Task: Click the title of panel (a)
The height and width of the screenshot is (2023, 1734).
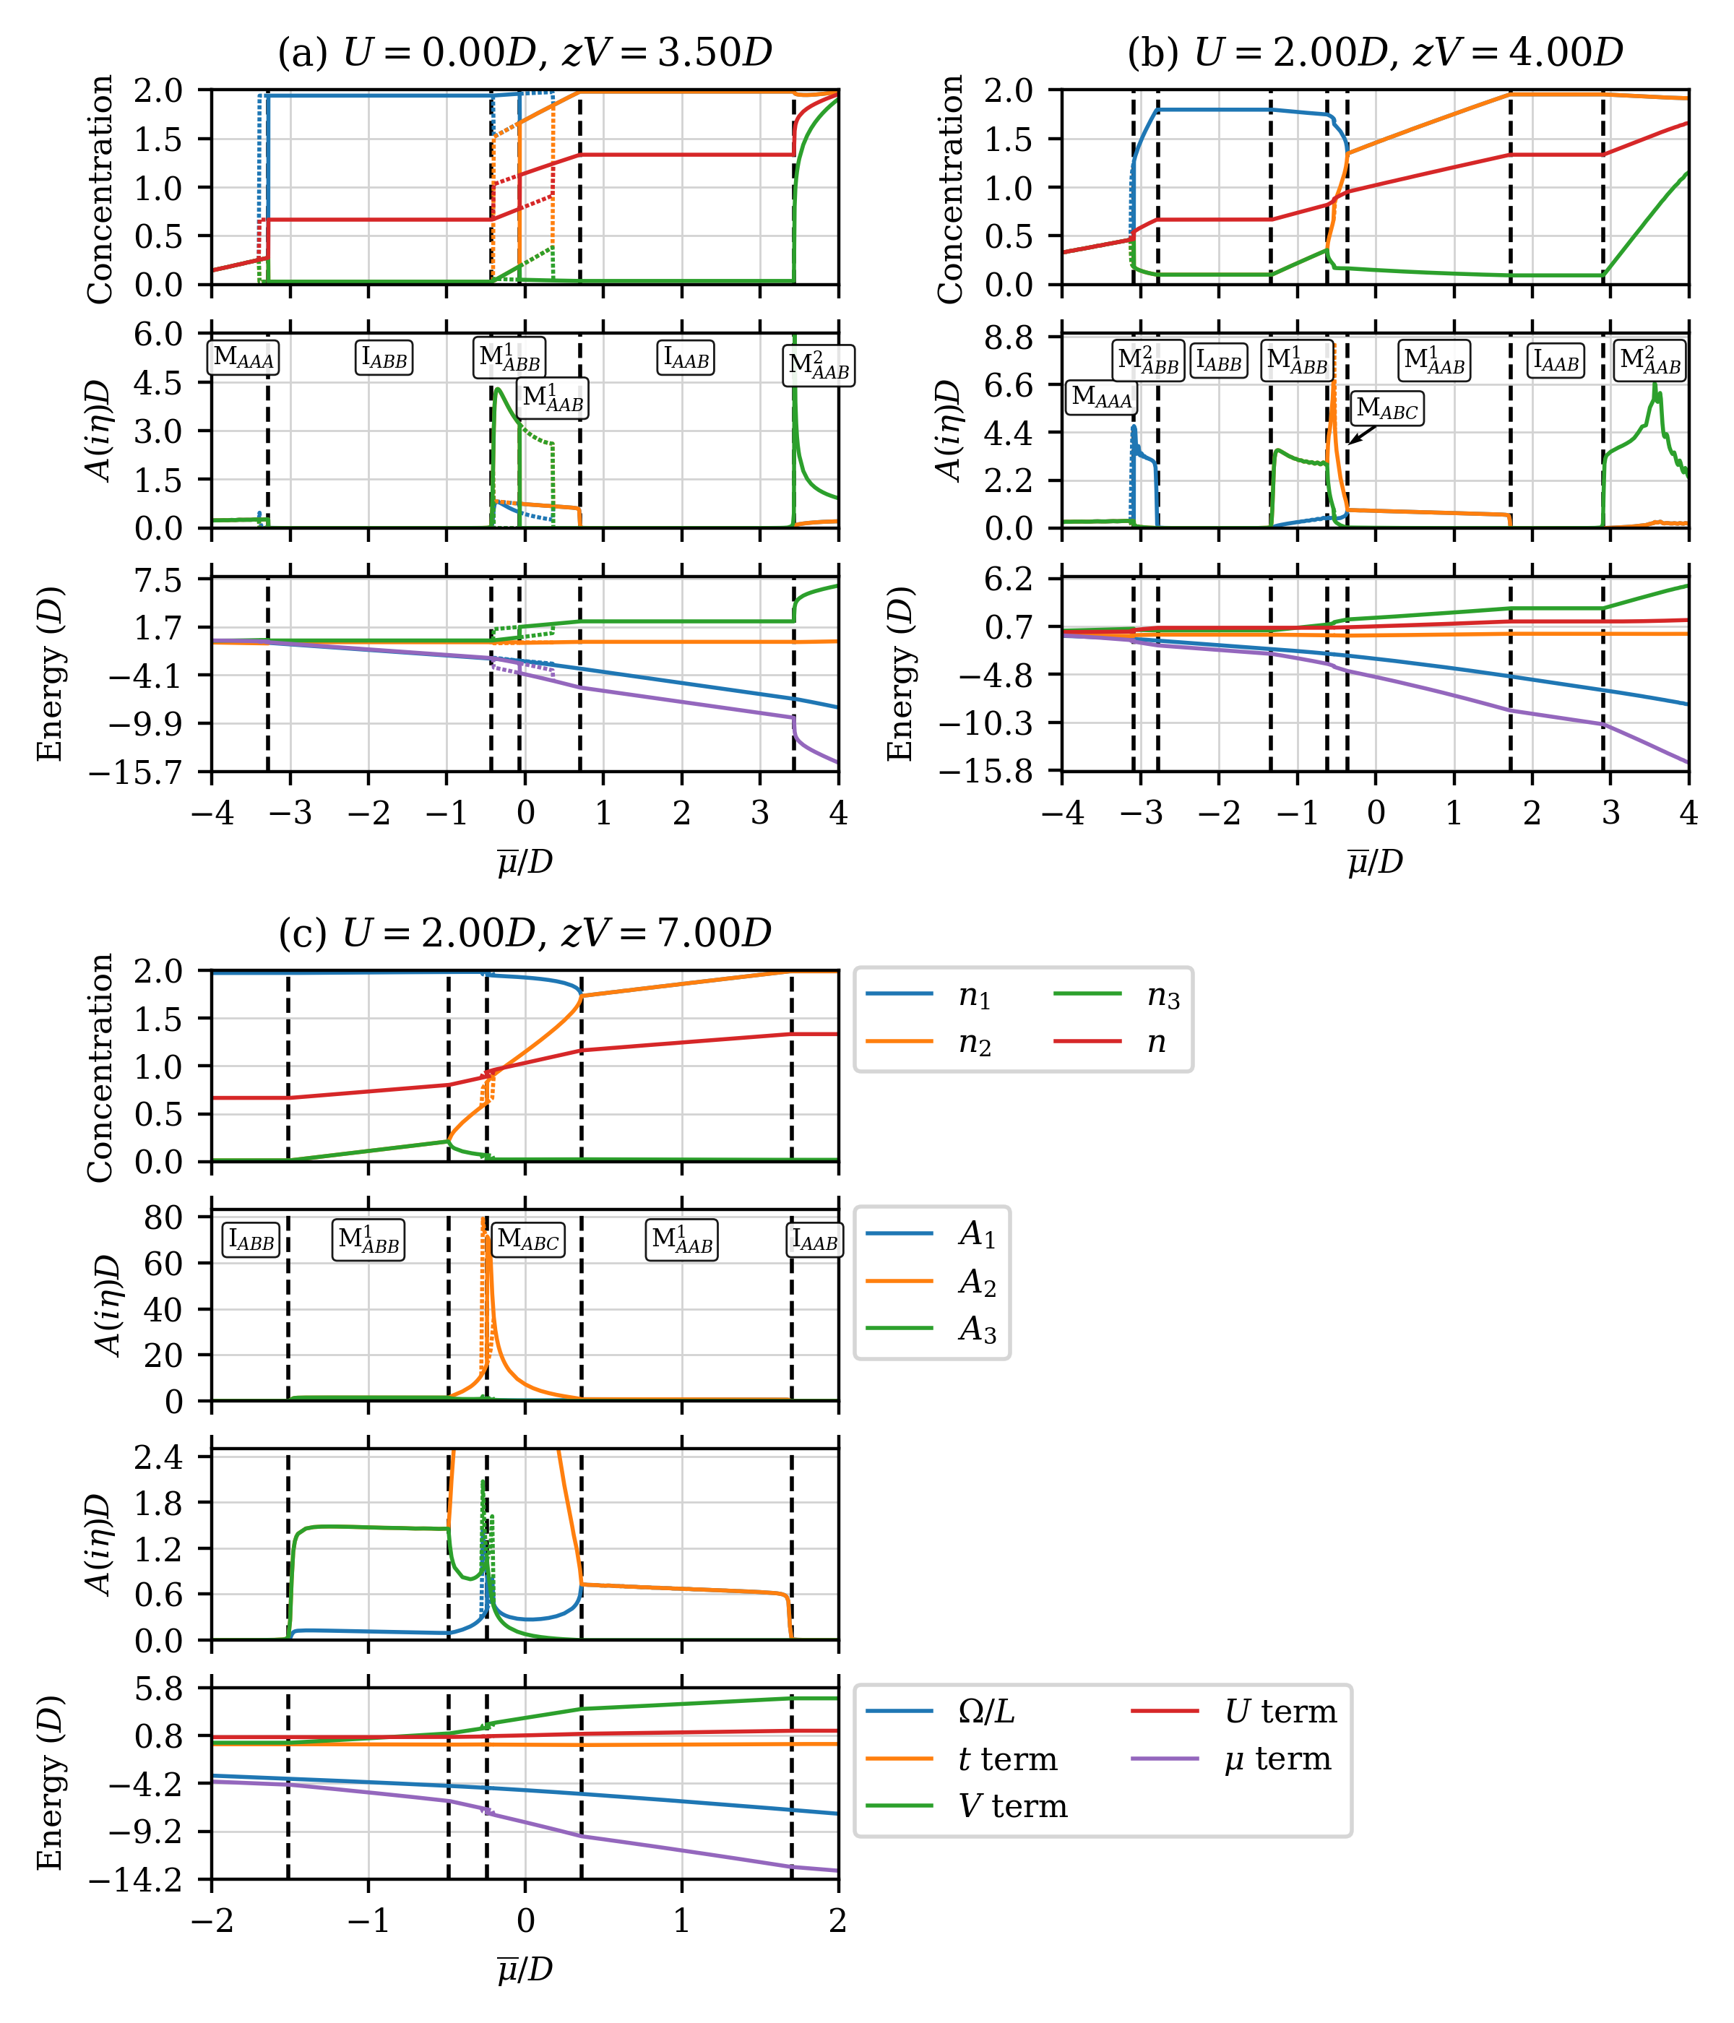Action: click(x=525, y=53)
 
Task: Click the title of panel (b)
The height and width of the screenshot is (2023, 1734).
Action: click(x=1375, y=53)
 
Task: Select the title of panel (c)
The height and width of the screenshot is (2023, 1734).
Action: click(x=525, y=933)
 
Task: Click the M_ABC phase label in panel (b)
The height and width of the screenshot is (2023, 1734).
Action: click(x=1386, y=409)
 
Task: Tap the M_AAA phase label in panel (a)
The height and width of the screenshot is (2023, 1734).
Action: click(x=243, y=358)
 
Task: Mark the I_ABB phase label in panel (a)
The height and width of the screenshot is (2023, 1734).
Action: click(x=384, y=358)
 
